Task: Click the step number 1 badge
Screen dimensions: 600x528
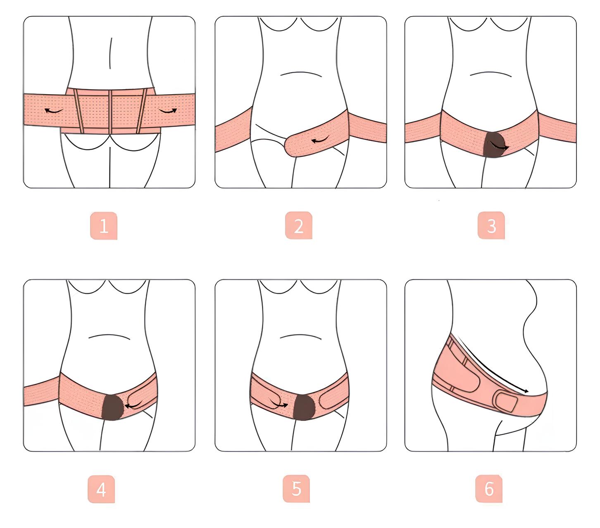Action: tap(104, 226)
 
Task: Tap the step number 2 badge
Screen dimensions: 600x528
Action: tap(298, 225)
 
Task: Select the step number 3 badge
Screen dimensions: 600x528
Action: tap(491, 225)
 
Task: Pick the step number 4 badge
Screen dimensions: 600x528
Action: tap(101, 489)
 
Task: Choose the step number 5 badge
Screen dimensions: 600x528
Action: tap(296, 489)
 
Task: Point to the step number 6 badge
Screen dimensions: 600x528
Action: tap(489, 489)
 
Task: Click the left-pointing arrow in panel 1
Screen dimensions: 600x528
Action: tap(53, 111)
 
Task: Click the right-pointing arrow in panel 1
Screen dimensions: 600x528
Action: tap(168, 111)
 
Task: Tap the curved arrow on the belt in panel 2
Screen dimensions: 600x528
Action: tap(320, 140)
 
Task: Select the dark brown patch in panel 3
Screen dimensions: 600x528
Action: tap(494, 145)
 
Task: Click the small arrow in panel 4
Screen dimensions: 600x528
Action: tap(133, 405)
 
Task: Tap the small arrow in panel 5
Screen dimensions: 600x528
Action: tap(279, 404)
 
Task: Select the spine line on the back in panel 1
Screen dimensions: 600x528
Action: tap(111, 53)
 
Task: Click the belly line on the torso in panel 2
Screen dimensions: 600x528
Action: tap(301, 74)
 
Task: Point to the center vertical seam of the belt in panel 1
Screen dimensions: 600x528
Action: tap(110, 112)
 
